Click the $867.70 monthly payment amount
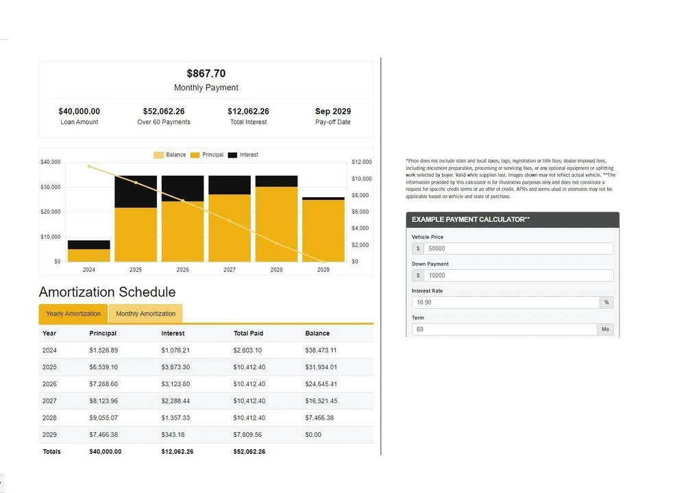point(206,73)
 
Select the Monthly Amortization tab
point(146,314)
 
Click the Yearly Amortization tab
point(73,314)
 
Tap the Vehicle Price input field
point(518,249)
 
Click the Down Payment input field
point(518,275)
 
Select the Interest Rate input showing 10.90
point(506,302)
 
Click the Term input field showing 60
point(504,329)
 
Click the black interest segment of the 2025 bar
point(136,192)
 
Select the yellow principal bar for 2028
point(276,225)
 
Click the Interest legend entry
point(243,155)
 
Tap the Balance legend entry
point(170,155)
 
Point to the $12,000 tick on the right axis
point(362,162)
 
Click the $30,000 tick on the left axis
point(51,187)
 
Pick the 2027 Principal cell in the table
point(103,401)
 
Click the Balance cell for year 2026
point(321,384)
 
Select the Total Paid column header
point(248,333)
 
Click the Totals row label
point(51,452)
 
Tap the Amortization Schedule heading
point(108,292)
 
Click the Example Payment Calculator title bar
point(513,219)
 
